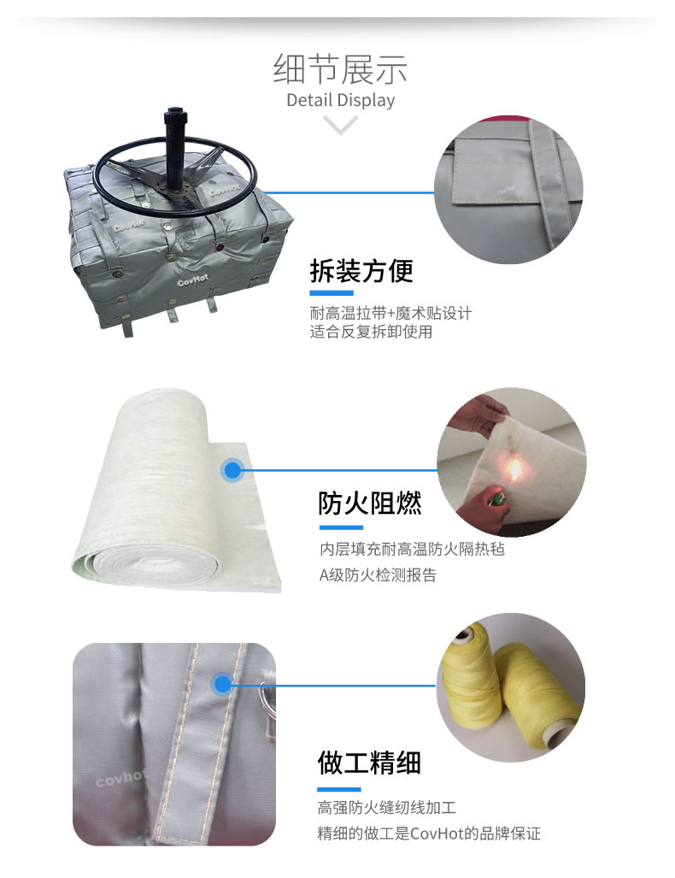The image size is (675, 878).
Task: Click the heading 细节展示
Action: coord(340,69)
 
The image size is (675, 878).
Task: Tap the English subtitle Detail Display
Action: coord(340,100)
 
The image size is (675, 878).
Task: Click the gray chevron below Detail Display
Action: coord(340,124)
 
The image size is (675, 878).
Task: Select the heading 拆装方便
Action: coord(361,272)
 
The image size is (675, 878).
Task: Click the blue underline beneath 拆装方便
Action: coord(332,293)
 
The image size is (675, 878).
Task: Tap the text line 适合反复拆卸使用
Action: coord(371,332)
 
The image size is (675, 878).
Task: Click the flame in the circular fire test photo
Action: coord(514,468)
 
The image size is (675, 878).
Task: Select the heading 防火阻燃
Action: coord(370,503)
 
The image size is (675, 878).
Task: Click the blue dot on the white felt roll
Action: coord(232,470)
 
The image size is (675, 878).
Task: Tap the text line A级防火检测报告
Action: coord(378,575)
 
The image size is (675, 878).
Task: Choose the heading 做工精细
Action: coord(369,763)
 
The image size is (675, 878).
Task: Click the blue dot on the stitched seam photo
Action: coord(223,684)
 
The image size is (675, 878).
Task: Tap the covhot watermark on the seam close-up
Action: coord(120,777)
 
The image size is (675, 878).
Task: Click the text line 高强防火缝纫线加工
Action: coord(387,807)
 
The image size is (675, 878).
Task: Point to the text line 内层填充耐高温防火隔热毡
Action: coord(412,549)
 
